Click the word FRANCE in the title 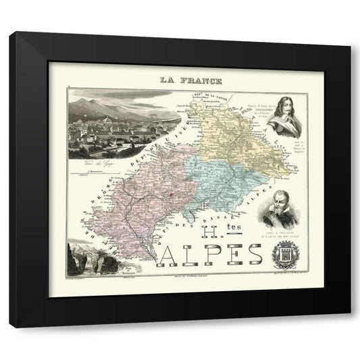pos(192,80)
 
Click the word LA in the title pos(166,80)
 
